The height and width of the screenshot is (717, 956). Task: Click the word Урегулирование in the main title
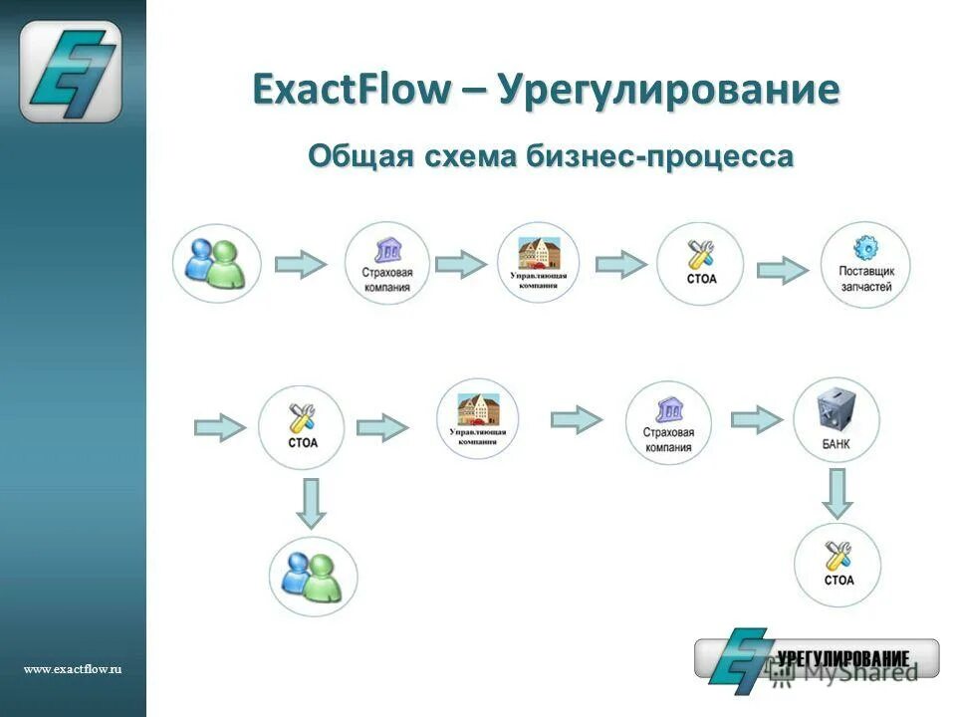[668, 91]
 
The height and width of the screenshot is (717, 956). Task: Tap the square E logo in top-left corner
[72, 72]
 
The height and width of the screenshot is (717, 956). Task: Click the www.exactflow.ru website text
[73, 670]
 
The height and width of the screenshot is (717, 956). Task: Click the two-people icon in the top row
[217, 263]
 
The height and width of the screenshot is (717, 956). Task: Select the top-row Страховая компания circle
[387, 263]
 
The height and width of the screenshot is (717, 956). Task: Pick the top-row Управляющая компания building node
[538, 262]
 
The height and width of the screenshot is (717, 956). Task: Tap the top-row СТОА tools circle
[700, 263]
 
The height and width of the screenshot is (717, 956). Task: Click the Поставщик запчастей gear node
[865, 263]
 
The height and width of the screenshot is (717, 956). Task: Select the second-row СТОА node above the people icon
[302, 427]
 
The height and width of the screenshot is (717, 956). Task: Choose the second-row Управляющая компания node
[478, 418]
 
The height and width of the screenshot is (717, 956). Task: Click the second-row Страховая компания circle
[668, 423]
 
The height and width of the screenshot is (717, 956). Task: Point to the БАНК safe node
[836, 419]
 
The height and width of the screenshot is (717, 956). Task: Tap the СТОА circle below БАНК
[837, 565]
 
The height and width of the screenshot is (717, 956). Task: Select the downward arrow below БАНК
[837, 492]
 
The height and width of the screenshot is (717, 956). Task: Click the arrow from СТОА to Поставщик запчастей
[783, 270]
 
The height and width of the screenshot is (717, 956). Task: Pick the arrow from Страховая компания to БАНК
[757, 419]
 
